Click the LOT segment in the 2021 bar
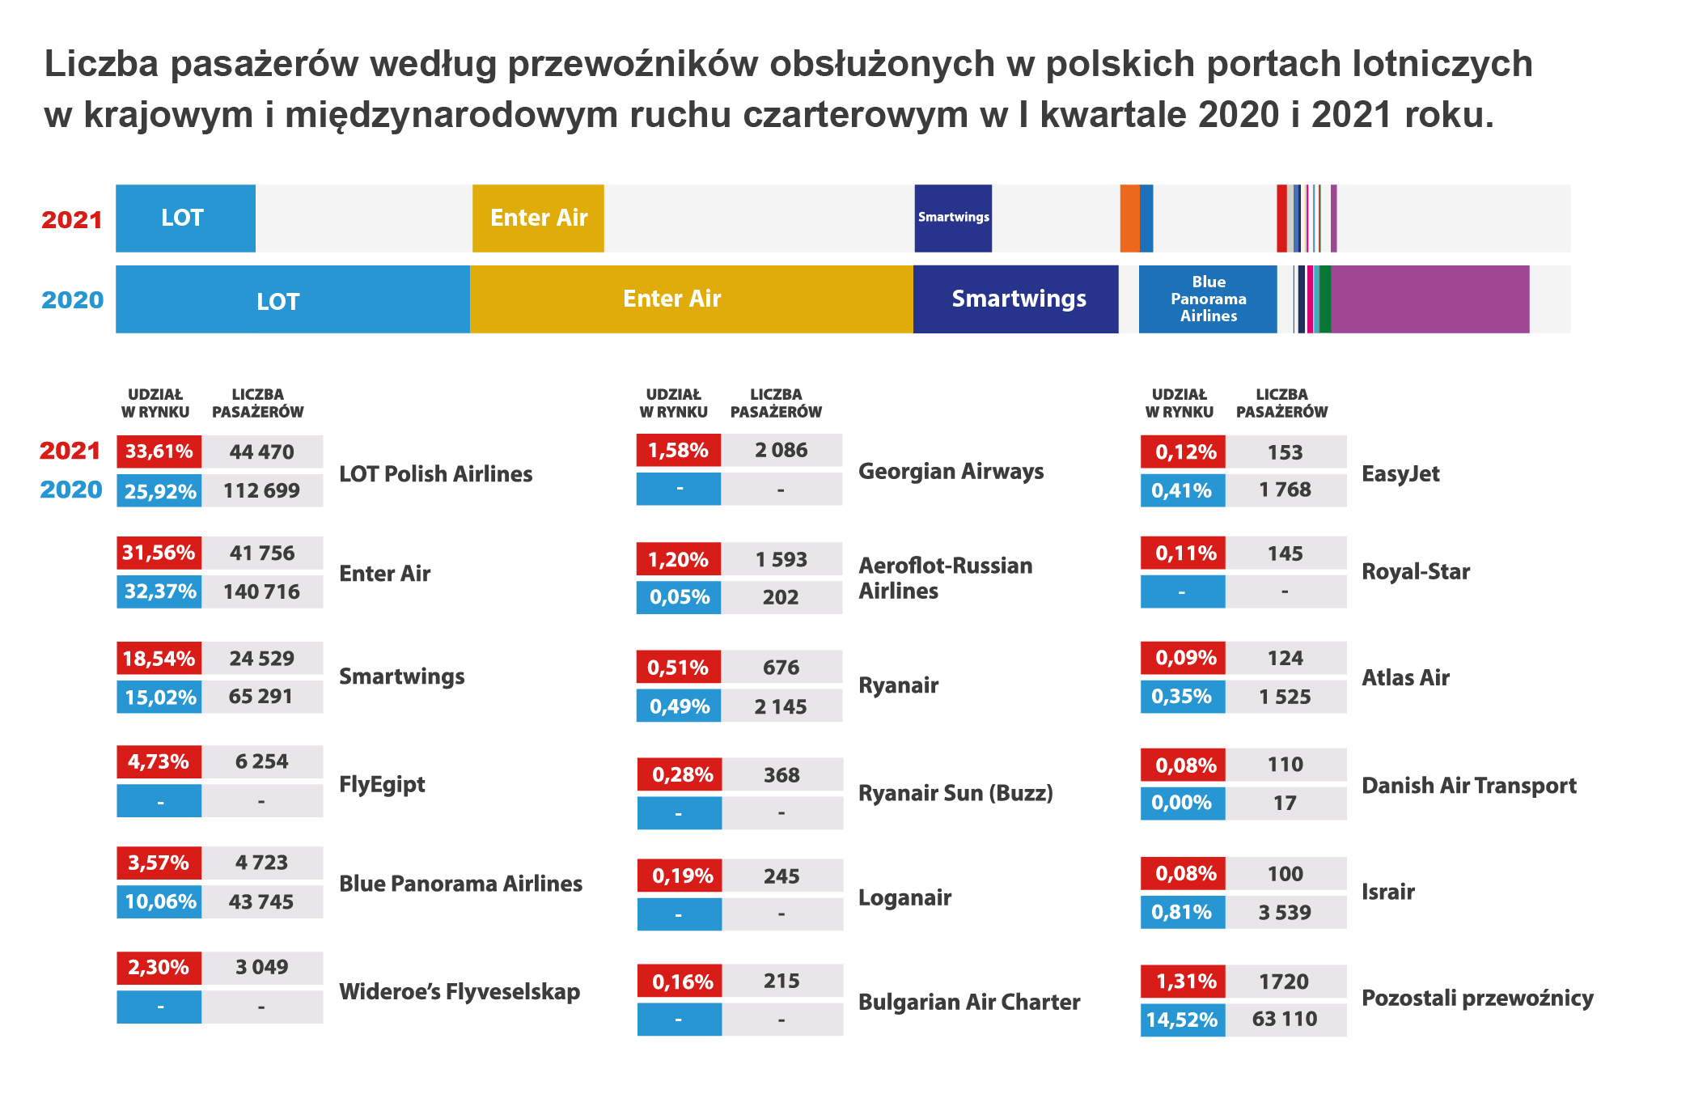tap(185, 218)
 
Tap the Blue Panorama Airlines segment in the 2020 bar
tap(1207, 299)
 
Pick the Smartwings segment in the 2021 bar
tap(953, 218)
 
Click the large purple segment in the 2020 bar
tap(1430, 299)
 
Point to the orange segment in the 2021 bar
tap(1129, 218)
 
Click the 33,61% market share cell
tap(159, 452)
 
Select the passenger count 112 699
tap(261, 490)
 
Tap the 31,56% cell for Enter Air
tap(159, 553)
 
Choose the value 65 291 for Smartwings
tap(261, 697)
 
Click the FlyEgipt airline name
tap(382, 784)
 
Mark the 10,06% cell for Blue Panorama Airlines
tap(159, 901)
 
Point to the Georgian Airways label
tap(951, 471)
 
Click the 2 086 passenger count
tap(781, 450)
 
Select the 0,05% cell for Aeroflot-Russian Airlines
tap(679, 597)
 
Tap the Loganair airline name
tap(904, 897)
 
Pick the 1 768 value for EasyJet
tap(1285, 490)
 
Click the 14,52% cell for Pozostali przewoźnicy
tap(1182, 1020)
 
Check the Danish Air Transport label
tap(1469, 786)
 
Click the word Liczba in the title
tap(101, 64)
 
